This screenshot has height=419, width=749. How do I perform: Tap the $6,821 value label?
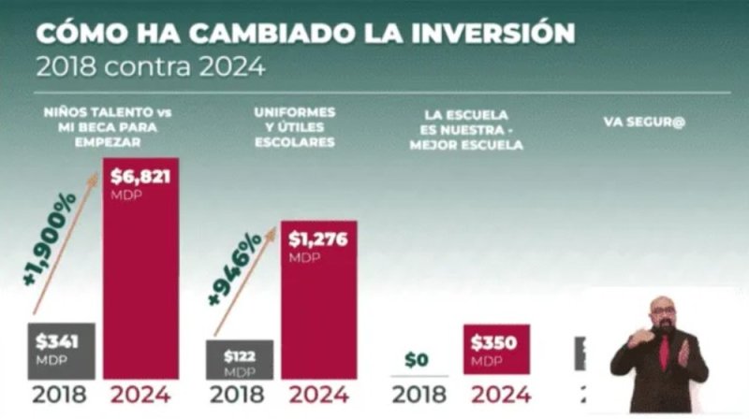(x=140, y=175)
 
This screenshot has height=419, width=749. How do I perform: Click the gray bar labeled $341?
(x=61, y=349)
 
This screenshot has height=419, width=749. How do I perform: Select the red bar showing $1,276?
(x=319, y=299)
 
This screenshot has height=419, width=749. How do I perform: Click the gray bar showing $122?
(x=240, y=359)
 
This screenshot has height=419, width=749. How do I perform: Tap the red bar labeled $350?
(x=496, y=350)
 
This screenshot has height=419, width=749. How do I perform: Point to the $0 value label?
(x=419, y=358)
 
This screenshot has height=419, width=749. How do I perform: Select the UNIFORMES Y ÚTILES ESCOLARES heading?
(x=294, y=127)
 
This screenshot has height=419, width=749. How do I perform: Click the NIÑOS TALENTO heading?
(x=108, y=127)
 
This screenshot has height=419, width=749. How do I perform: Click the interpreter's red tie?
(x=663, y=354)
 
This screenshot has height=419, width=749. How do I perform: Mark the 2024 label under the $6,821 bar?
(x=140, y=395)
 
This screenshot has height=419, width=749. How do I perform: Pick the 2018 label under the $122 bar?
(x=240, y=395)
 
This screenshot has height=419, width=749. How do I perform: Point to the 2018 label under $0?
(x=419, y=395)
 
